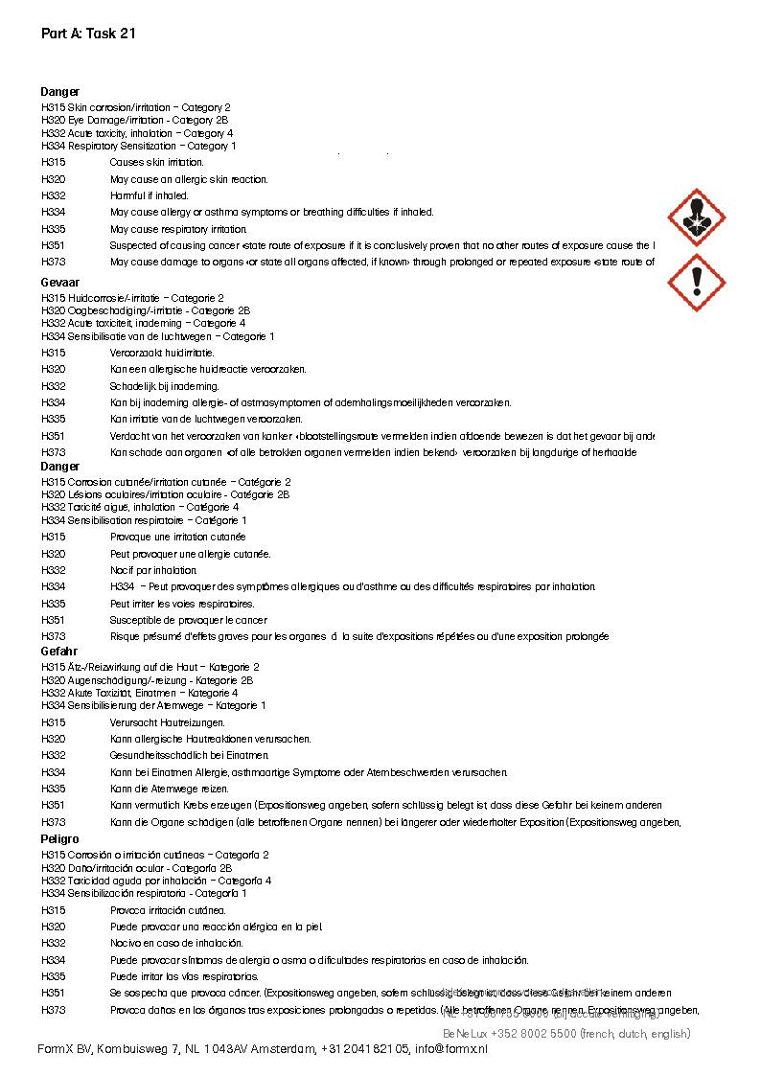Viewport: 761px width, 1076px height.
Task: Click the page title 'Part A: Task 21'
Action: click(87, 34)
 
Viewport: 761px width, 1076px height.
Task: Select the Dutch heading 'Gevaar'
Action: click(60, 283)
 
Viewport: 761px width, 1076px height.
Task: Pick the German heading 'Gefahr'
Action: click(59, 652)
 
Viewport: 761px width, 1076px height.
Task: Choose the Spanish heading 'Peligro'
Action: click(60, 839)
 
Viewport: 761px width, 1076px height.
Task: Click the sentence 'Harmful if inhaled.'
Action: click(149, 195)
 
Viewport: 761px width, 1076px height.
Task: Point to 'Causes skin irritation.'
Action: click(156, 163)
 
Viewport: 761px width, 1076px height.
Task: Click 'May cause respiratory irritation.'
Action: click(178, 229)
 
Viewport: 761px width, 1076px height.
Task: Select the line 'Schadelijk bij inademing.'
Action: click(164, 386)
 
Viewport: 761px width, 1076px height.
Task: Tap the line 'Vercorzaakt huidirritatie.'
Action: click(162, 353)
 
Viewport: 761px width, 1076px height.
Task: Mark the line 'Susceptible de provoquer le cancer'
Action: click(188, 620)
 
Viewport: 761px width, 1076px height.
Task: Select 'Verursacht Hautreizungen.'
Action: click(168, 722)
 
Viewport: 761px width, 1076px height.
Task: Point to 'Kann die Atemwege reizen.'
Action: click(169, 789)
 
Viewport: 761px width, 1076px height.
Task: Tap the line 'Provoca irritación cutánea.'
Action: click(168, 910)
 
